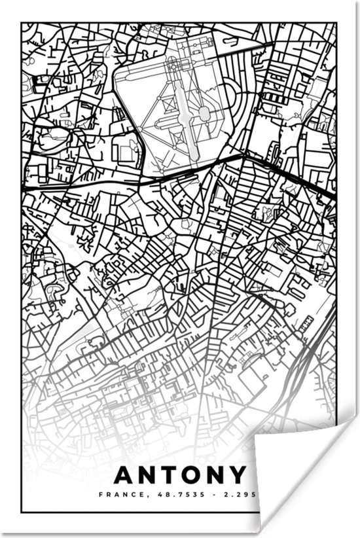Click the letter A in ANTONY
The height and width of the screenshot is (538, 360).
(123, 476)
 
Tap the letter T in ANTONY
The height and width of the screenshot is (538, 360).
(170, 476)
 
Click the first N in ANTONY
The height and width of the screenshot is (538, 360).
(147, 476)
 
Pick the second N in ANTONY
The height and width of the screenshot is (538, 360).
(217, 476)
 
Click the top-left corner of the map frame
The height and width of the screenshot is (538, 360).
(22, 24)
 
